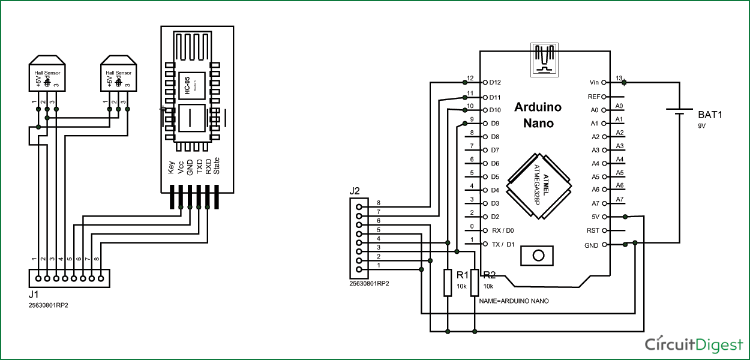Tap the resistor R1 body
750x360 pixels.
tap(448, 283)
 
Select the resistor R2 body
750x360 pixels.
tap(475, 283)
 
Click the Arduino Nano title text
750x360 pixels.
tap(538, 115)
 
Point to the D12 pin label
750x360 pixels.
tap(495, 82)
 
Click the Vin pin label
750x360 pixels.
tap(595, 82)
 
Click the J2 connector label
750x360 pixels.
tap(355, 191)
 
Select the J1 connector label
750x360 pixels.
tap(34, 295)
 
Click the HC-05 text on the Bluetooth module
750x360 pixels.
tap(187, 87)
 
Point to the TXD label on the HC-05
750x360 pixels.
tap(199, 167)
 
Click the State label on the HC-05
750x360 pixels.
tap(217, 166)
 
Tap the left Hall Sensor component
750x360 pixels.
tap(46, 75)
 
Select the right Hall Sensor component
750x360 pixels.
tap(118, 75)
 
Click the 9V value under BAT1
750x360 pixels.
tap(701, 126)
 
